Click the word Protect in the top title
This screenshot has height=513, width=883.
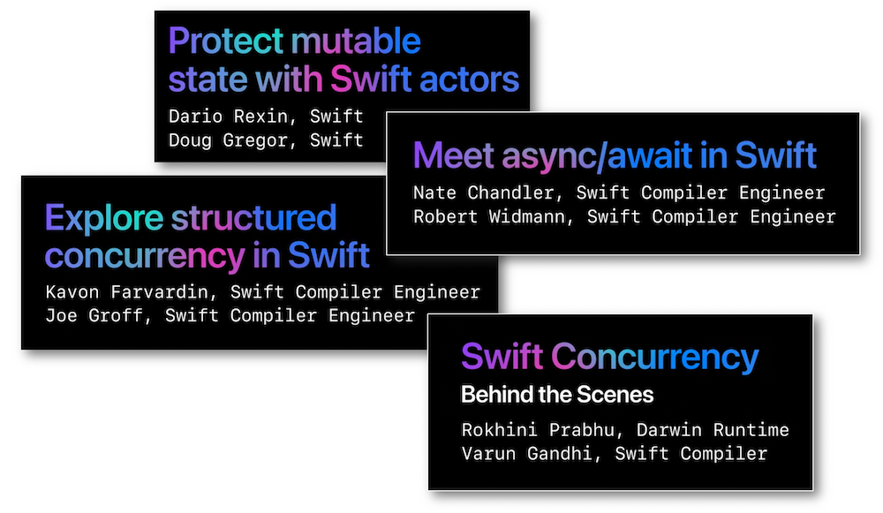pos(225,41)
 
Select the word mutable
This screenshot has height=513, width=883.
pos(356,41)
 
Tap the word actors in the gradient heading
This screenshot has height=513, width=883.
pos(469,79)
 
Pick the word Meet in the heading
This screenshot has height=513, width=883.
pos(454,155)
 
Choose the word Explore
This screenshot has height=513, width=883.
pos(104,218)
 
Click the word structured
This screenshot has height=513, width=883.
pos(254,218)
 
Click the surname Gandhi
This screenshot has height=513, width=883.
pos(560,453)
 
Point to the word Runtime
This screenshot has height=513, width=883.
pos(751,430)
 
